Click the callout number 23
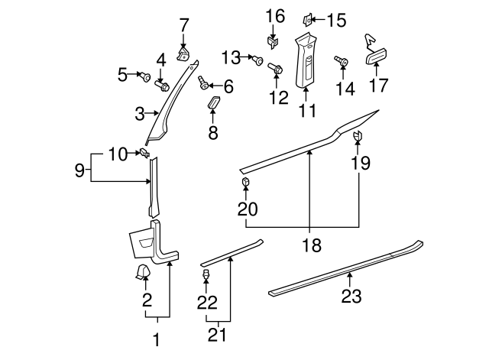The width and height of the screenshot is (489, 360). coord(351,297)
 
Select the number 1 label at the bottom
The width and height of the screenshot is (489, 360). coord(157,339)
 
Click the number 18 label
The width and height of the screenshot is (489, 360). coord(312,245)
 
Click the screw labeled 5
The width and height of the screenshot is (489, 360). coord(144,75)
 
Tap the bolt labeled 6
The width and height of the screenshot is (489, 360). coord(203,81)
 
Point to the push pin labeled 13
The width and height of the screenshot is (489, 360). coord(259,58)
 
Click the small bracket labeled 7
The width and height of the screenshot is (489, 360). coord(183,52)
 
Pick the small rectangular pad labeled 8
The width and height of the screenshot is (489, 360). coord(215,104)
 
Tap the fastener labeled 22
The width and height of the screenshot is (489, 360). coord(206,274)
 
